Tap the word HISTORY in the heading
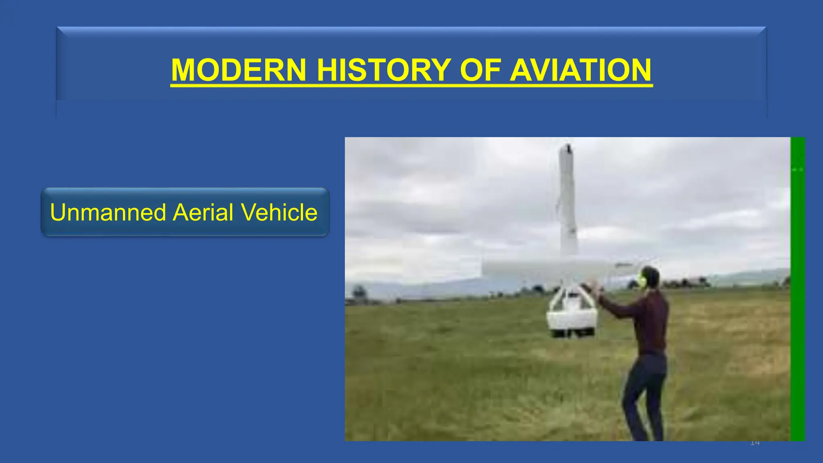[x=383, y=70]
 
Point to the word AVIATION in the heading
[x=580, y=70]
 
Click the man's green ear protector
[x=642, y=279]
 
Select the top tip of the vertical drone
[x=567, y=148]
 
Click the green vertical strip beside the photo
[x=797, y=289]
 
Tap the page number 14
[x=755, y=443]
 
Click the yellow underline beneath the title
[x=411, y=85]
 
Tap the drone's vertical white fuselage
[x=568, y=201]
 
